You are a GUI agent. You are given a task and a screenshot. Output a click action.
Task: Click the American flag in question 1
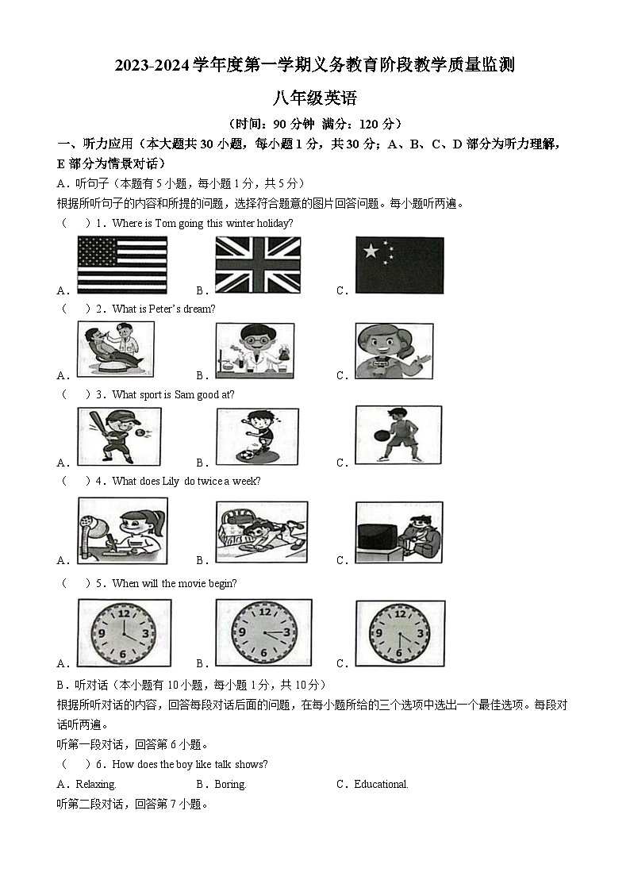[x=122, y=265]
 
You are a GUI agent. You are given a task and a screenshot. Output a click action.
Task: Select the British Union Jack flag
[x=258, y=265]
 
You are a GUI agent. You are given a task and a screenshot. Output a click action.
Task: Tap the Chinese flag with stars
[x=399, y=265]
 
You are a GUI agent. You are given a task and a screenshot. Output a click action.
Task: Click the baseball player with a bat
[x=119, y=436]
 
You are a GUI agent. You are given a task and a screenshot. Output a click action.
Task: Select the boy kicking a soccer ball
[x=257, y=436]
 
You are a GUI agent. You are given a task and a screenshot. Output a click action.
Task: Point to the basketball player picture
[x=398, y=435]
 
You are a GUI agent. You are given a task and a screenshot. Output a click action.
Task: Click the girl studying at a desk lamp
[x=123, y=530]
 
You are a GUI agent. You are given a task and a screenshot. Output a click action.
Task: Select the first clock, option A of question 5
[x=124, y=632]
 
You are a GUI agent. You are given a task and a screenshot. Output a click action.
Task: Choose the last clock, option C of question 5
[x=400, y=632]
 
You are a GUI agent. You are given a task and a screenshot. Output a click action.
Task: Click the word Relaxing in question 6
[x=96, y=784]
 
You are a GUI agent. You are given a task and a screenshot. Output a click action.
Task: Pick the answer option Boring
[x=230, y=784]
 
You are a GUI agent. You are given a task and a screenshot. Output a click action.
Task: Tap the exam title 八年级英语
[x=315, y=98]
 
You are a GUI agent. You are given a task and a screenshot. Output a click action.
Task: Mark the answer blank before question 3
[x=76, y=394]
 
